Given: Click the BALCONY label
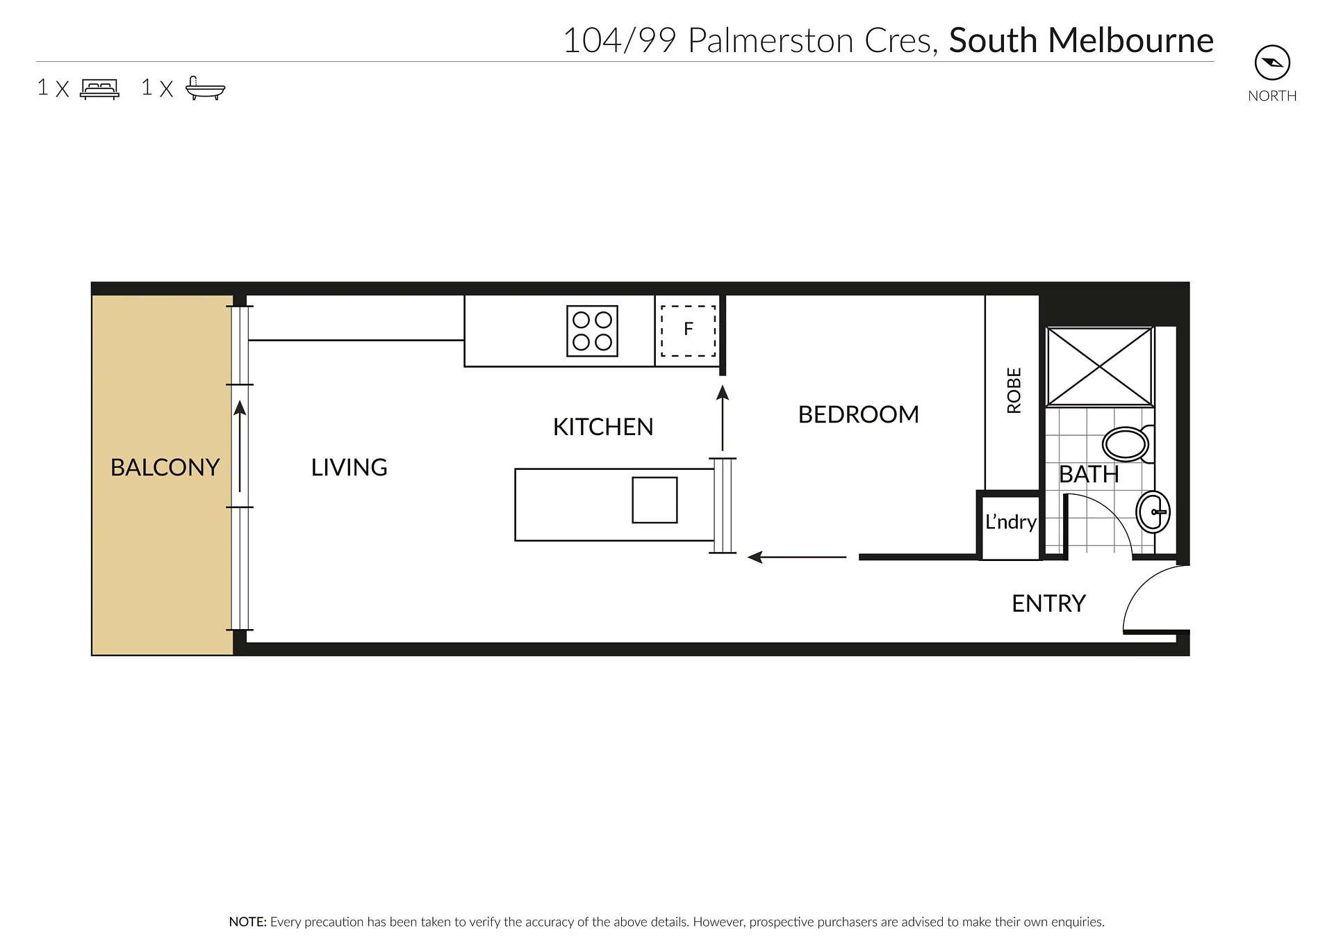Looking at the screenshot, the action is (165, 467).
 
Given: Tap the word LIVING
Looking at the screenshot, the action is (349, 467).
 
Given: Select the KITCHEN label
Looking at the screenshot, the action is (603, 427).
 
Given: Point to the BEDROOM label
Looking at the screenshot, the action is (858, 414).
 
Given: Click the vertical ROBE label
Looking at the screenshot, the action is (1014, 391).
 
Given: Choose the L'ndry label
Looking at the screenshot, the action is (1011, 521).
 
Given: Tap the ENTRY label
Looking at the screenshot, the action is (1048, 603).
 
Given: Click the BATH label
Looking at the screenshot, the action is (1089, 474).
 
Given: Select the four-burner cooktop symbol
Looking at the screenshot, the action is (592, 331).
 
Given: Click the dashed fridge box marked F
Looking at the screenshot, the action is (688, 331).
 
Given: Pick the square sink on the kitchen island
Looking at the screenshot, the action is (654, 500).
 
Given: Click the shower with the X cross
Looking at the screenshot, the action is (1099, 366).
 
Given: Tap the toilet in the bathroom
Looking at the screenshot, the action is (1128, 443).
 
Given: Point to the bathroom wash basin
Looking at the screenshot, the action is (1153, 512).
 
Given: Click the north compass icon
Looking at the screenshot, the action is (1272, 63).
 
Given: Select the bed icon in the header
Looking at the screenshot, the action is (100, 89).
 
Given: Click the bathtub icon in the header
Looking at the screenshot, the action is (205, 88).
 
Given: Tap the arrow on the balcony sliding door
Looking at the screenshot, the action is (240, 446).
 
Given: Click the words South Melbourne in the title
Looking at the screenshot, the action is (1081, 40).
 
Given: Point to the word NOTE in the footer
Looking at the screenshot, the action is (247, 922).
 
